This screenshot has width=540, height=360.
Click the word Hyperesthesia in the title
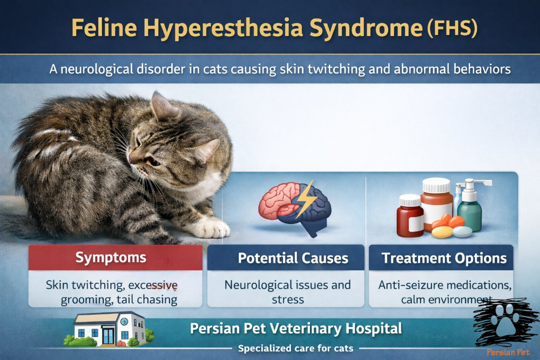pos(223,28)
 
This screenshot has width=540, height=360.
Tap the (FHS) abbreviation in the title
pos(452,28)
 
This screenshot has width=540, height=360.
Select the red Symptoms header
pos(116,257)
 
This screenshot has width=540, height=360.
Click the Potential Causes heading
pos(293,258)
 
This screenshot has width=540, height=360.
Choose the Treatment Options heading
pos(444,258)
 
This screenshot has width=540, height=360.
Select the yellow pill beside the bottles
pos(442,232)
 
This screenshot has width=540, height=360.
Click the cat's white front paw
pos(210,227)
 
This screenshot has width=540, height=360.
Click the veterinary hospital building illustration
pos(109,329)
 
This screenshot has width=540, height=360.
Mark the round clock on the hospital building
pos(124,322)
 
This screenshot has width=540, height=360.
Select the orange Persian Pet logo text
pos(508,352)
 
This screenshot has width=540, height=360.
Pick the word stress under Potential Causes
pos(288,300)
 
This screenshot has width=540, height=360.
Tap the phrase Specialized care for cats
pos(295,348)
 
